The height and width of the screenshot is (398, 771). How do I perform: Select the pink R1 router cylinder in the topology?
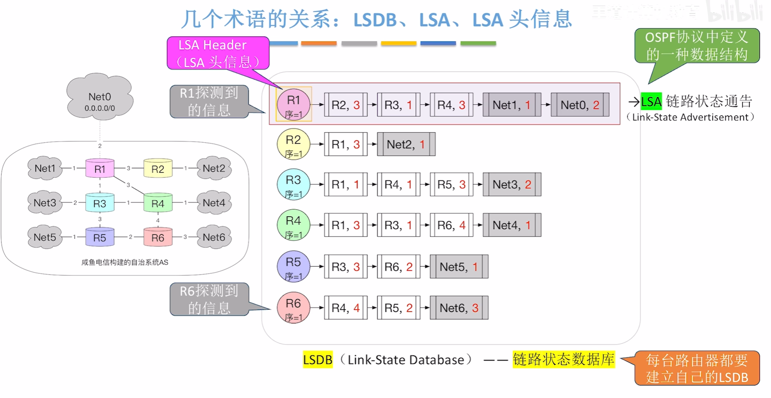pyautogui.click(x=100, y=169)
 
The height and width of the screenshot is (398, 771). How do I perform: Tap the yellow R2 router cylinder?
pyautogui.click(x=158, y=169)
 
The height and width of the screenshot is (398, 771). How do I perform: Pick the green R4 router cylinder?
pyautogui.click(x=158, y=203)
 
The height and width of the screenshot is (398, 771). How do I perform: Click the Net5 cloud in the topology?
pyautogui.click(x=45, y=237)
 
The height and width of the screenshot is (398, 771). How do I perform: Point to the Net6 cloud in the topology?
pyautogui.click(x=214, y=237)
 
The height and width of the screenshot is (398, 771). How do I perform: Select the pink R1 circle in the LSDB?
pyautogui.click(x=294, y=104)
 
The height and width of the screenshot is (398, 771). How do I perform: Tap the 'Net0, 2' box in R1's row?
pyautogui.click(x=579, y=105)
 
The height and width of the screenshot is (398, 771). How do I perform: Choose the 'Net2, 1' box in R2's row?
pyautogui.click(x=406, y=144)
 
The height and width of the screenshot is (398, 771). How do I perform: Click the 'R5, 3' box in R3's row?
pyautogui.click(x=451, y=185)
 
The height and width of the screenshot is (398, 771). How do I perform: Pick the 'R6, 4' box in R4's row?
pyautogui.click(x=451, y=225)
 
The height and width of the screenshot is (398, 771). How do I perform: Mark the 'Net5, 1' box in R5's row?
pyautogui.click(x=458, y=267)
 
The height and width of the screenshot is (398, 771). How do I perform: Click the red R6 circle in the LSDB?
pyautogui.click(x=294, y=308)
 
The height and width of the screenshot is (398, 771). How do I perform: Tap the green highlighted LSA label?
pyautogui.click(x=651, y=102)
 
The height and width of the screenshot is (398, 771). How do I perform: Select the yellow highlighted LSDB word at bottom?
pyautogui.click(x=317, y=360)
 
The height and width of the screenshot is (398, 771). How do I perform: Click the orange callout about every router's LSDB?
pyautogui.click(x=697, y=368)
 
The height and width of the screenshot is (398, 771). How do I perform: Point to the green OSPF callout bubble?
pyautogui.click(x=697, y=46)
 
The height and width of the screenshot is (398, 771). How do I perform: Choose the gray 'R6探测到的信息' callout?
pyautogui.click(x=209, y=299)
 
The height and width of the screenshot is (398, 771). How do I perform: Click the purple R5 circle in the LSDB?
pyautogui.click(x=294, y=266)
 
